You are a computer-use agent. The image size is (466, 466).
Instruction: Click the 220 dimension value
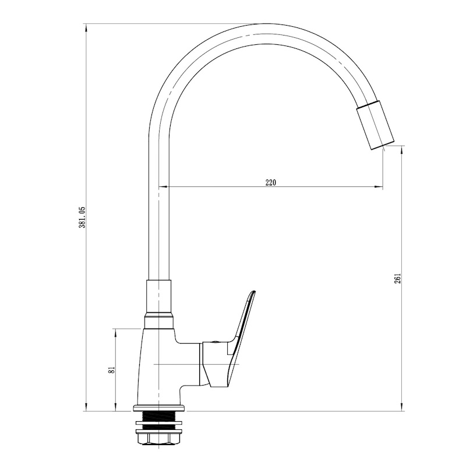(x=270, y=182)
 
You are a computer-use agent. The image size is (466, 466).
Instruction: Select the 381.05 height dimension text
(x=82, y=217)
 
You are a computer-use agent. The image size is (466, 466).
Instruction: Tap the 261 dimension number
(x=398, y=278)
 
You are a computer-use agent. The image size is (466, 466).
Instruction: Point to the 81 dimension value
(x=112, y=370)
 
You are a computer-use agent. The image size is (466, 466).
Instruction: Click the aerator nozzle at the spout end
(x=375, y=125)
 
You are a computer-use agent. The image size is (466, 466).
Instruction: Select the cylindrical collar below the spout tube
(x=158, y=296)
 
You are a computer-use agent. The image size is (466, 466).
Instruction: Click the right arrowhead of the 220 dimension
(x=379, y=186)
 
